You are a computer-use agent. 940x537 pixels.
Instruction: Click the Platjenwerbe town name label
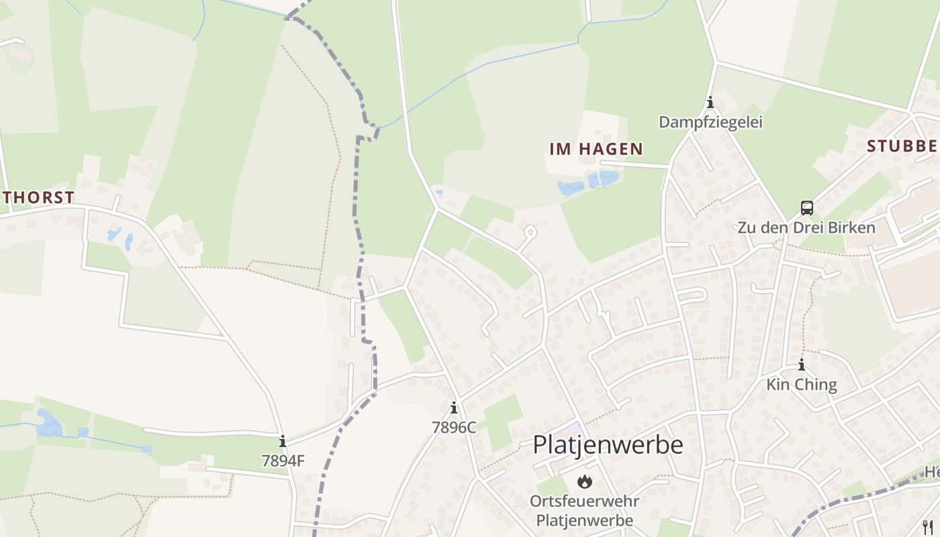[x=608, y=444]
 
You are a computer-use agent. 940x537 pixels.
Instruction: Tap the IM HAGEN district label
[x=596, y=149]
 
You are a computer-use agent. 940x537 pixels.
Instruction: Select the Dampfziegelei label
[x=710, y=122]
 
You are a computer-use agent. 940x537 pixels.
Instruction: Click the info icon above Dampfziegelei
[x=710, y=103]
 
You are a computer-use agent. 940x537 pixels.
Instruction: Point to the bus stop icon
[x=807, y=207]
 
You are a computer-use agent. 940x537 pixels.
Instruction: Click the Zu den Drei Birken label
[x=806, y=228]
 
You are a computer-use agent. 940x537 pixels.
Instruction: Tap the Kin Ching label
[x=802, y=385]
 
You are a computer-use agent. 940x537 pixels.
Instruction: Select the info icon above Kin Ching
[x=802, y=365]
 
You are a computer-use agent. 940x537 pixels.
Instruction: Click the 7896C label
[x=454, y=427]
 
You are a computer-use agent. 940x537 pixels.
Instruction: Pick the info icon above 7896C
[x=454, y=407]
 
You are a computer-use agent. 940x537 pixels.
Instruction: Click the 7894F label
[x=283, y=461]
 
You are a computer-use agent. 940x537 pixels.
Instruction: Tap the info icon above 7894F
[x=283, y=441]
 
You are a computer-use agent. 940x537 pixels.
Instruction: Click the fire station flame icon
[x=585, y=481]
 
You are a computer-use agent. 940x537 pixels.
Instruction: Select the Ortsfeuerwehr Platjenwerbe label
[x=584, y=511]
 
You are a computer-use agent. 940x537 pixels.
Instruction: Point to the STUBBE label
[x=901, y=146]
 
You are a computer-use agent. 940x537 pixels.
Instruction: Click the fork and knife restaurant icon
[x=928, y=526]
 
